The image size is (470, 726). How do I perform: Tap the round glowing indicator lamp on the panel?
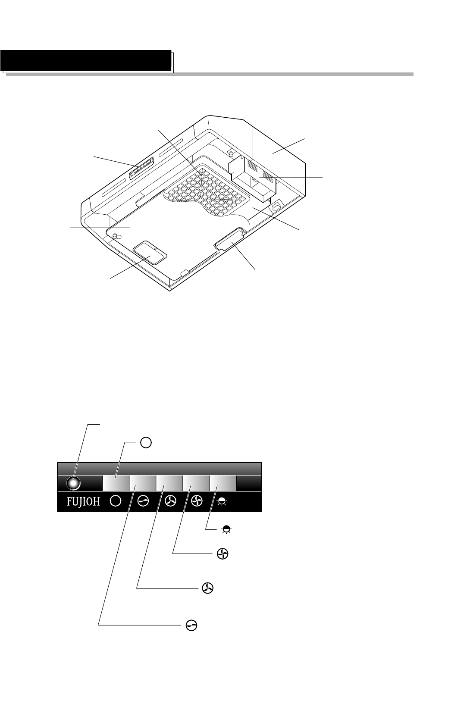pos(73,483)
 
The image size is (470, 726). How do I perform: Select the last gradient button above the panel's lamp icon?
pos(222,483)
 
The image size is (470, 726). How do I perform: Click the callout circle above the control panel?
pos(146,442)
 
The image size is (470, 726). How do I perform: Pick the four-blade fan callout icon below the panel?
pos(222,555)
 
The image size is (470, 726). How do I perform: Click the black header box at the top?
pos(86,60)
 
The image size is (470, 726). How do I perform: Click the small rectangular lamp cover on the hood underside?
pos(149,253)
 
